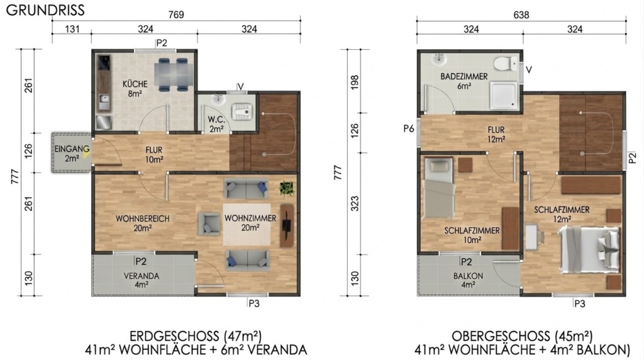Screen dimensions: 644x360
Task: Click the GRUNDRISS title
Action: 45,10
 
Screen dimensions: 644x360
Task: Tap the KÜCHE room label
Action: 135,84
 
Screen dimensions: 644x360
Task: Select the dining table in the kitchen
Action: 174,75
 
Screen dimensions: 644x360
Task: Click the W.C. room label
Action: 216,120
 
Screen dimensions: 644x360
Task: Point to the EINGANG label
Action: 72,149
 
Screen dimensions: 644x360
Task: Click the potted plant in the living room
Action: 287,188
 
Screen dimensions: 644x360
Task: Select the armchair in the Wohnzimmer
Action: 209,223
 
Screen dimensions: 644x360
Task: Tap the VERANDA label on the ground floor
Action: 142,276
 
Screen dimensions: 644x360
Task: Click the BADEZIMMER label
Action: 464,76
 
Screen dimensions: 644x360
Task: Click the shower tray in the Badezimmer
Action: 504,96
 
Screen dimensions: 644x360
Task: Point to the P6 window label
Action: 409,129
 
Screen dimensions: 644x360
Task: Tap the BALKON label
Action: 468,276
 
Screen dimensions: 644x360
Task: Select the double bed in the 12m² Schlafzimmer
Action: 589,249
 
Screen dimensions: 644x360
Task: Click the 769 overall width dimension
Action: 176,15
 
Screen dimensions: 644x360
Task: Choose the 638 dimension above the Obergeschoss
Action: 521,15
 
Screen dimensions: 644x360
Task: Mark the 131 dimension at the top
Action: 72,29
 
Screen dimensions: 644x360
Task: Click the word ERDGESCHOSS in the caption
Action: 174,336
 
